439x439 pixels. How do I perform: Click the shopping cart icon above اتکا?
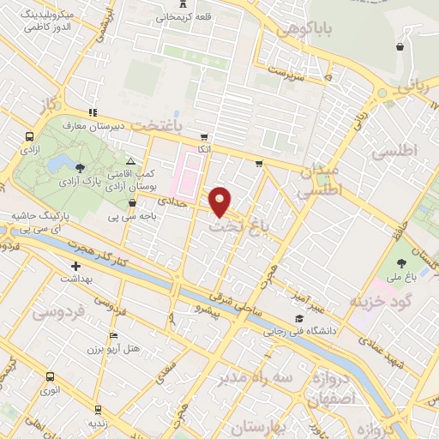204,137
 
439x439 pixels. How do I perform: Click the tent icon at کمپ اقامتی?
130,161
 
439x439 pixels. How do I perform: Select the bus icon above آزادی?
31,136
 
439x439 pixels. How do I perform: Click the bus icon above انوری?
50,376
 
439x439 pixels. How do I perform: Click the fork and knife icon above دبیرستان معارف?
92,112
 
